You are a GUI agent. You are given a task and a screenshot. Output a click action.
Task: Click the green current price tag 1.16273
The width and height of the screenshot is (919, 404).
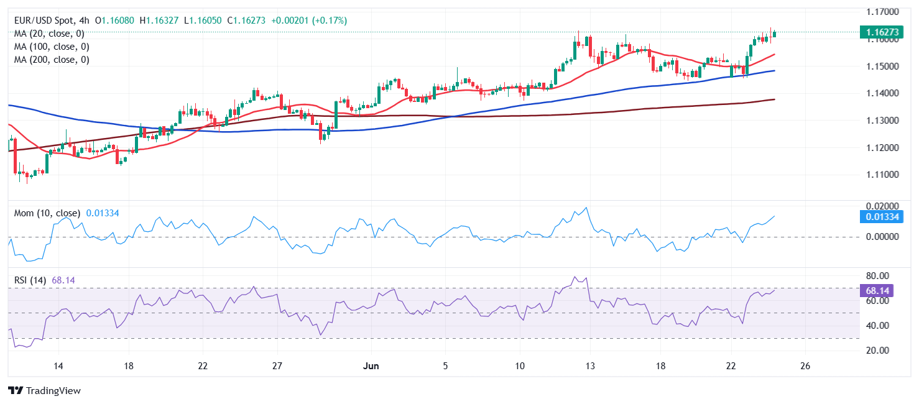point(881,32)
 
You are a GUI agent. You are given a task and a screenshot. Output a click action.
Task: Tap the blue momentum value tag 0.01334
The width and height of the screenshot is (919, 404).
point(881,217)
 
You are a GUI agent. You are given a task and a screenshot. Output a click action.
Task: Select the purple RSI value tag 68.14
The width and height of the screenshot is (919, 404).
point(881,291)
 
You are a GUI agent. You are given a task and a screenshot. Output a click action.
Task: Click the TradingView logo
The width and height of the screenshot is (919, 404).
point(45,391)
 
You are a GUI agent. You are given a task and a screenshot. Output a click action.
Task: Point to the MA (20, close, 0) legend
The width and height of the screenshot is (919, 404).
point(49,34)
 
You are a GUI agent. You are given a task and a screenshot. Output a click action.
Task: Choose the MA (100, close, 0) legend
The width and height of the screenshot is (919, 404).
point(52,47)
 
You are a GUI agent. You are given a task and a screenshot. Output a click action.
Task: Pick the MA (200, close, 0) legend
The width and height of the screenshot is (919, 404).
point(52,60)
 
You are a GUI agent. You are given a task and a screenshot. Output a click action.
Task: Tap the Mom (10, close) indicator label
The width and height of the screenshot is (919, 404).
point(47,213)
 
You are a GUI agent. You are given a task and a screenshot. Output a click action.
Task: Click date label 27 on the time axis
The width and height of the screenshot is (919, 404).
point(277,365)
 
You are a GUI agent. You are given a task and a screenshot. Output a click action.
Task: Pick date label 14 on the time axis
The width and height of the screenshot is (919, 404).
point(58,365)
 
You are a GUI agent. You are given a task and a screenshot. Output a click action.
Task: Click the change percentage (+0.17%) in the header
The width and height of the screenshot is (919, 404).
point(328,21)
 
